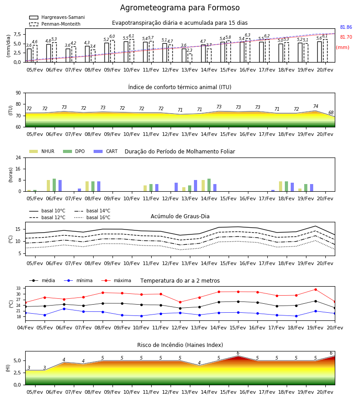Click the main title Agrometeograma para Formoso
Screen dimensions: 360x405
pyautogui.click(x=180, y=8)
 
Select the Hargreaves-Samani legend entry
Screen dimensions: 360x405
pyautogui.click(x=57, y=17)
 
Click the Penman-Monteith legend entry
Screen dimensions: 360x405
pyautogui.click(x=55, y=24)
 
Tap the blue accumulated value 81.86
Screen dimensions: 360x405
pyautogui.click(x=346, y=27)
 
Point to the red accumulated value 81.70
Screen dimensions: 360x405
pyautogui.click(x=346, y=37)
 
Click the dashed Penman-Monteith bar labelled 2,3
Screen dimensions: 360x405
pyautogui.click(x=190, y=58)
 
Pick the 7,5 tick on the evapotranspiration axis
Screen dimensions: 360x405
pyautogui.click(x=17, y=34)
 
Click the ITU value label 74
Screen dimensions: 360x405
pyautogui.click(x=315, y=106)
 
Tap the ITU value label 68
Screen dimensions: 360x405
pyautogui.click(x=331, y=112)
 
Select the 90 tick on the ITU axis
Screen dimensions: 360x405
pyautogui.click(x=18, y=93)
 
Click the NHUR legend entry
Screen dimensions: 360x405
pyautogui.click(x=42, y=151)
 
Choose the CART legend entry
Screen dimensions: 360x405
pyautogui.click(x=106, y=151)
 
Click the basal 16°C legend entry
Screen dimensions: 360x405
pyautogui.click(x=92, y=217)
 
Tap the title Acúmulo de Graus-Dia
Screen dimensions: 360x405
pyautogui.click(x=180, y=216)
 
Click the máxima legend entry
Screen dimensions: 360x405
pyautogui.click(x=116, y=280)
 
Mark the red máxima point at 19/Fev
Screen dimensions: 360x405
pyautogui.click(x=315, y=289)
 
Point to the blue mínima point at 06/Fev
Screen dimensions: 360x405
pyautogui.click(x=64, y=309)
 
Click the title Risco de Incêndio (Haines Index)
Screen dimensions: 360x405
pyautogui.click(x=180, y=345)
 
